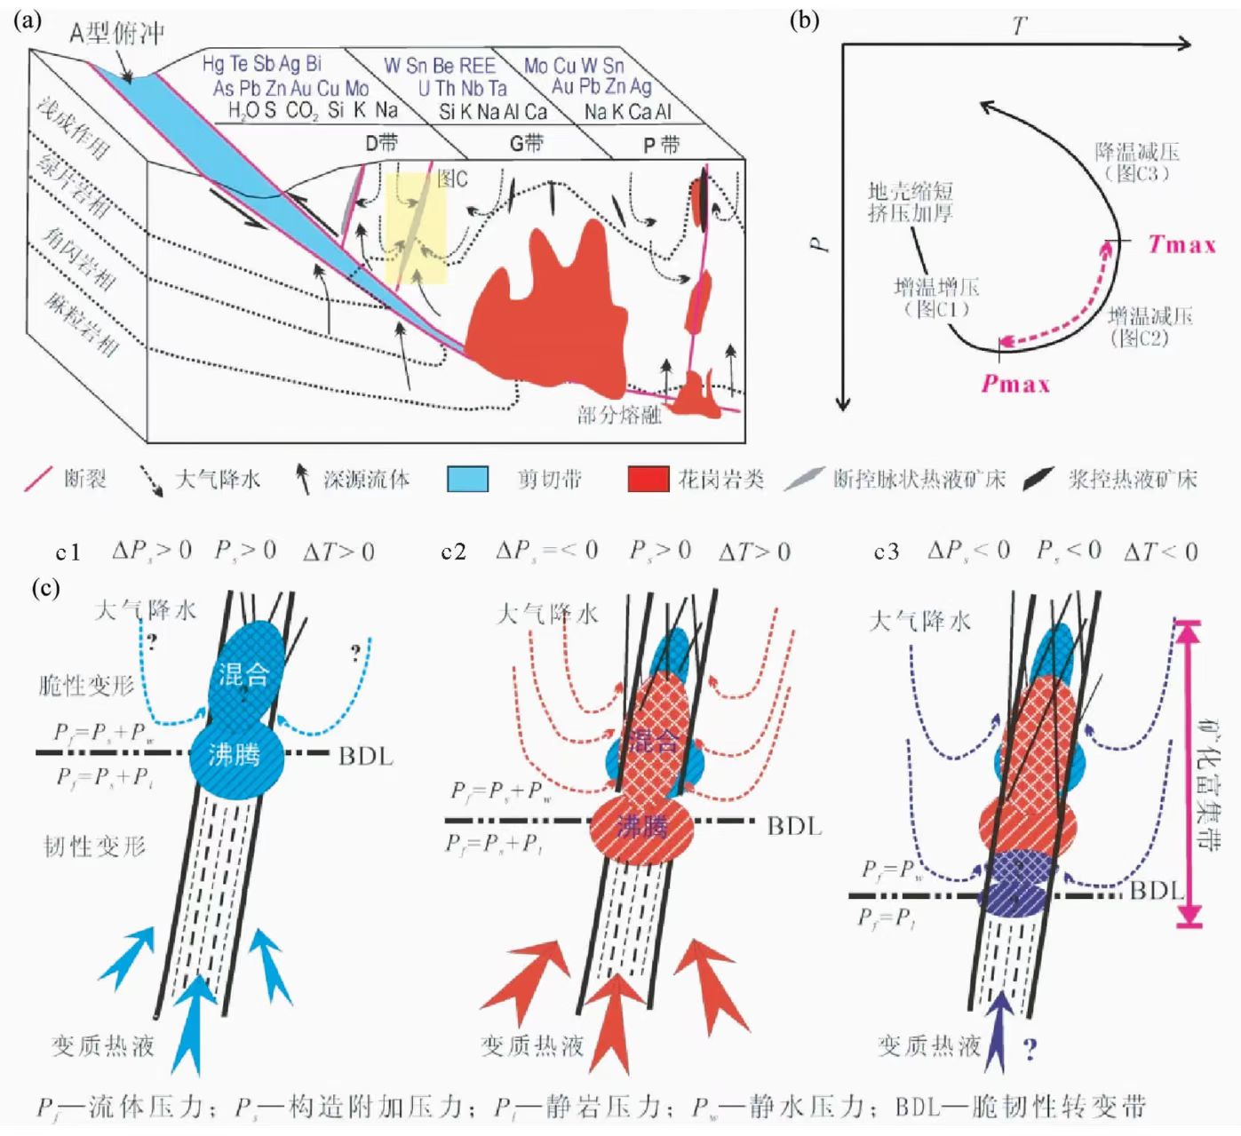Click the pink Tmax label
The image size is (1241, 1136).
click(1181, 243)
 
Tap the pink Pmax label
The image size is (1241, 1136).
click(1015, 384)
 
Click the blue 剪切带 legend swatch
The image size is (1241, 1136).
click(467, 480)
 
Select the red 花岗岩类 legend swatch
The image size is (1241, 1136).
click(648, 480)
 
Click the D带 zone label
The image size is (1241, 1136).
click(382, 142)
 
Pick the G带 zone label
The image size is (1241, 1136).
click(525, 142)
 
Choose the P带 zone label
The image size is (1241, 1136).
click(660, 145)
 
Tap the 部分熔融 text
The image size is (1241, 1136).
click(619, 415)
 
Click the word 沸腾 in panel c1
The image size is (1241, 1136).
click(235, 755)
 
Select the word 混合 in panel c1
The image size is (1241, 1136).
click(243, 674)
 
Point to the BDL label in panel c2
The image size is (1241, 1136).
click(794, 826)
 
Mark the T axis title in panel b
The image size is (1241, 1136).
click(1019, 27)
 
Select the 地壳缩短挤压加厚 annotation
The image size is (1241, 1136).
click(911, 202)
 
